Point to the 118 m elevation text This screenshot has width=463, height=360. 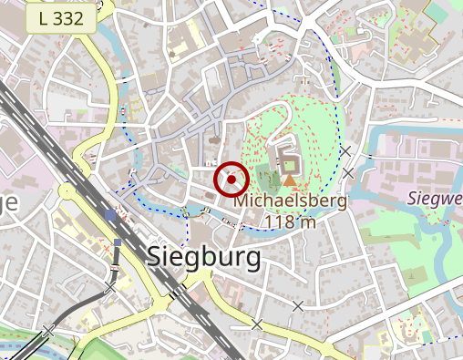[x=290, y=221]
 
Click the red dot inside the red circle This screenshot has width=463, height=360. [x=231, y=180]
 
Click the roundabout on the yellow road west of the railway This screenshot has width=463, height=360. [x=67, y=190]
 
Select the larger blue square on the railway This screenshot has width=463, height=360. [x=110, y=216]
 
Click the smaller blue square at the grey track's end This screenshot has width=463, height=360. [x=118, y=242]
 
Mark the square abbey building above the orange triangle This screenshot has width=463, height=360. [x=290, y=165]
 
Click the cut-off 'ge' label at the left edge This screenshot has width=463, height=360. [x=8, y=202]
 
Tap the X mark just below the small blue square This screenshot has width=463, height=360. [x=111, y=286]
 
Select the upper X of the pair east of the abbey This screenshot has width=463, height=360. [x=345, y=150]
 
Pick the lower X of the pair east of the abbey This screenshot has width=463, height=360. [x=348, y=172]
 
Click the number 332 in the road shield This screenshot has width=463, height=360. [x=70, y=17]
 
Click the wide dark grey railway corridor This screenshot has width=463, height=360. [x=55, y=146]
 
